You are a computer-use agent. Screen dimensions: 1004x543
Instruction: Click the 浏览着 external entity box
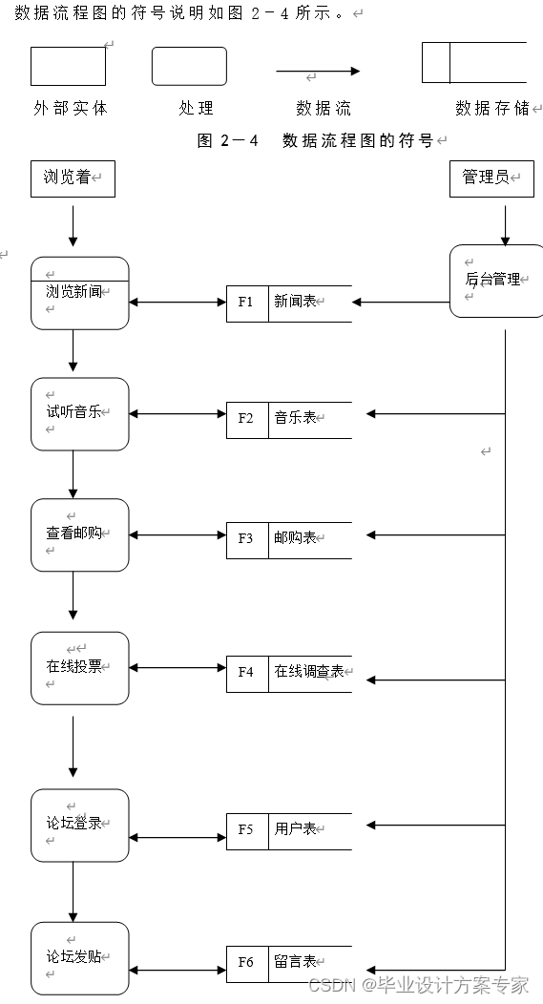click(73, 178)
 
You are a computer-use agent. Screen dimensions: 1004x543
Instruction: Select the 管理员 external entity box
click(491, 178)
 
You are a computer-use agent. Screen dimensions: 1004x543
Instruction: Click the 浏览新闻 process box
click(79, 293)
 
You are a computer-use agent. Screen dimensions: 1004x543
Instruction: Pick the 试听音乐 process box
click(79, 413)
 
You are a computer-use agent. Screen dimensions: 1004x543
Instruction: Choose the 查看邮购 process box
click(79, 534)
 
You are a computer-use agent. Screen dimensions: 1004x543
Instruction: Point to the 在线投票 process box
click(79, 667)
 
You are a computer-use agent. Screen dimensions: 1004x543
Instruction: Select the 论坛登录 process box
click(79, 825)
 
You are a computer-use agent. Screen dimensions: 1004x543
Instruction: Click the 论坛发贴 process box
click(79, 957)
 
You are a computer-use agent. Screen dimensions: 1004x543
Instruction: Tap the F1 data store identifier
click(246, 303)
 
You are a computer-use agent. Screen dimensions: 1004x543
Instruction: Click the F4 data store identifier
click(246, 672)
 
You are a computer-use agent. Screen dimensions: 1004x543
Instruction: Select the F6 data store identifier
click(246, 962)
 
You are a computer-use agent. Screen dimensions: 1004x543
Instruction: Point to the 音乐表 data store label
click(296, 418)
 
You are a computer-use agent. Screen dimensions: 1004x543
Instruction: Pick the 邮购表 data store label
click(296, 538)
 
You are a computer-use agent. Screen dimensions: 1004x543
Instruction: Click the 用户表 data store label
click(296, 829)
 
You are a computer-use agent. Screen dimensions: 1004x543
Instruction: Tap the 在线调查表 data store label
click(309, 672)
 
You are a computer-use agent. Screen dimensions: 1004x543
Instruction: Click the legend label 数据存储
click(492, 109)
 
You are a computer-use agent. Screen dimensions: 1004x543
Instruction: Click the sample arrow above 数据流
click(318, 71)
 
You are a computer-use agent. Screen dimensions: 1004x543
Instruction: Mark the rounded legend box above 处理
click(189, 66)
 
